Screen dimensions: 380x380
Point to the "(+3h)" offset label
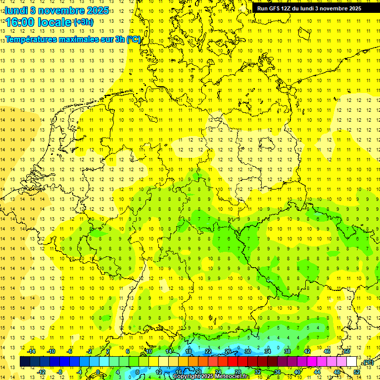click(x=83, y=22)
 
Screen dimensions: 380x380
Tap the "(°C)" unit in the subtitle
click(x=134, y=39)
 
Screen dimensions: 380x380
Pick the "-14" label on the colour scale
click(x=31, y=351)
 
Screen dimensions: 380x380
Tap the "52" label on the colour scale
click(x=357, y=372)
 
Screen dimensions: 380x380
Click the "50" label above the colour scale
click(x=347, y=351)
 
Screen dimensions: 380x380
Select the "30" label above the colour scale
click(x=247, y=351)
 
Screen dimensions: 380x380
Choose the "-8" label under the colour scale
click(x=60, y=372)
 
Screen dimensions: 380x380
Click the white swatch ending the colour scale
click(x=352, y=361)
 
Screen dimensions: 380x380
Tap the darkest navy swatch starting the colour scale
click(x=25, y=361)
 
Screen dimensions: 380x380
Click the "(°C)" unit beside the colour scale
click(x=367, y=362)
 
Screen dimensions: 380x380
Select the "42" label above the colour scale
click(x=307, y=351)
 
